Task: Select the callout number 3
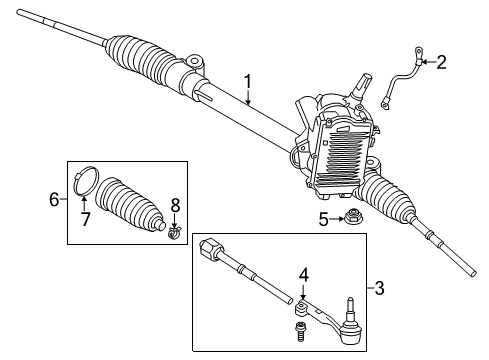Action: [378, 290]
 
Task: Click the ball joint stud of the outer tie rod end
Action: [351, 304]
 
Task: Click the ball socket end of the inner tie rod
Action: [213, 247]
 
